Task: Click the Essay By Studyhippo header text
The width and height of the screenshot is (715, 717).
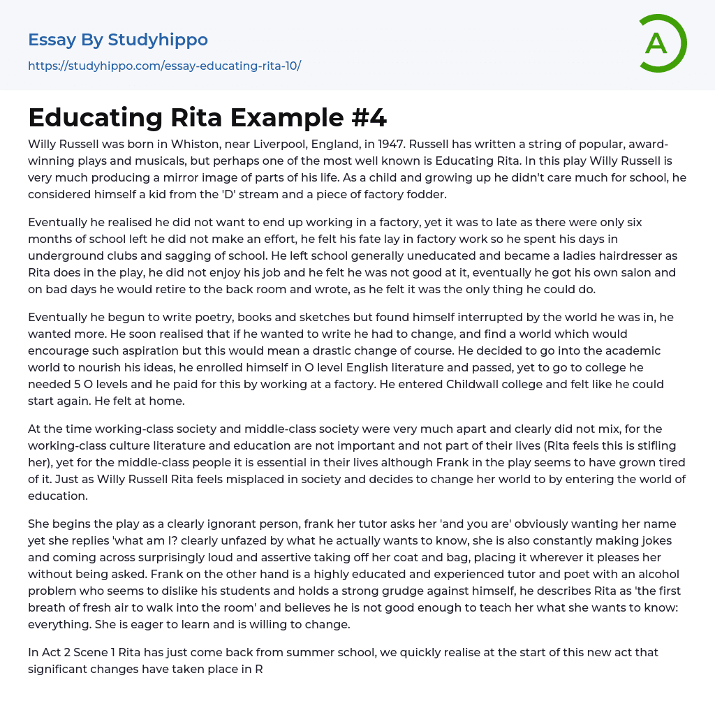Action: tap(118, 40)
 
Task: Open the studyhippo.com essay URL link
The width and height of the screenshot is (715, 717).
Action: tap(164, 66)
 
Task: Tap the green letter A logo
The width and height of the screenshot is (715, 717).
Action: tap(657, 43)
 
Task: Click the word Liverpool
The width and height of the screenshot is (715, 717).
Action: tap(270, 145)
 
